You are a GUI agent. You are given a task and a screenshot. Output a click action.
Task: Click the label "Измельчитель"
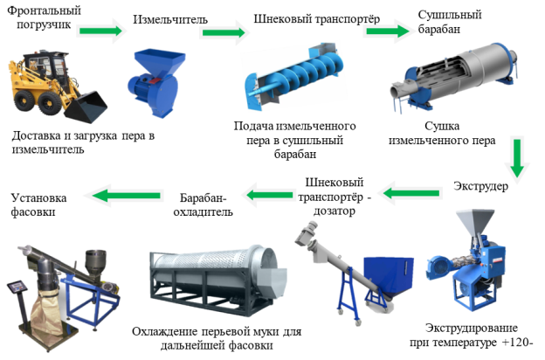(x=170, y=19)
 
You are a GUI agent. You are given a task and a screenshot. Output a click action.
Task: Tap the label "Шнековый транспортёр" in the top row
(x=317, y=18)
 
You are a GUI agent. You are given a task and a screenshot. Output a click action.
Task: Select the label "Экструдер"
(x=480, y=186)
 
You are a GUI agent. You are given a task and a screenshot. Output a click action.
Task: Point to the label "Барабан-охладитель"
(x=203, y=204)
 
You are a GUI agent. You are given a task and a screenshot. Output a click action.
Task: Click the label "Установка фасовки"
(x=38, y=204)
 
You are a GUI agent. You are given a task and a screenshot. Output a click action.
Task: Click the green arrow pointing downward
(x=517, y=158)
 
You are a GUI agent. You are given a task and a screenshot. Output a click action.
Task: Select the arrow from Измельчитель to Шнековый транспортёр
(x=224, y=32)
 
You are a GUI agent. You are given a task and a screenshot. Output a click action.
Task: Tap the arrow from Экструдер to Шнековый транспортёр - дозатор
(x=412, y=193)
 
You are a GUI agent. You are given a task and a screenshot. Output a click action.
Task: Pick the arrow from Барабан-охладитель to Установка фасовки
(x=127, y=196)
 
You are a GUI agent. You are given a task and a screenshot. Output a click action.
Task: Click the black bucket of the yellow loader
(x=86, y=107)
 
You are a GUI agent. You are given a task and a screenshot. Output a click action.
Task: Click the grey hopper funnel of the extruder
(x=475, y=222)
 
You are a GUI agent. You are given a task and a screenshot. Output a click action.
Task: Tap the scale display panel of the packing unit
(x=17, y=287)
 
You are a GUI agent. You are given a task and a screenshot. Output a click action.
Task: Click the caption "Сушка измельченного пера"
(x=442, y=133)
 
